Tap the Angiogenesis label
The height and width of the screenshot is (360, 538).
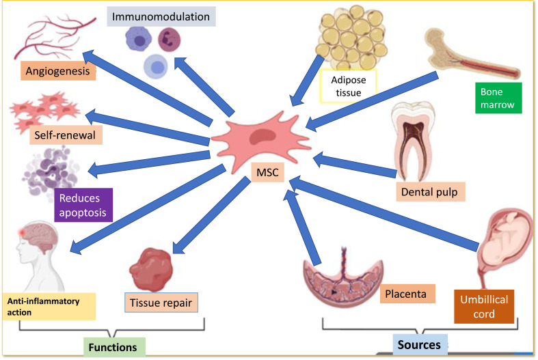[x=57, y=71]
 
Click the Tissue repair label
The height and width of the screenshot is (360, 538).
[x=162, y=301]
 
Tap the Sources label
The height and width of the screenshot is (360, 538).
[x=420, y=345]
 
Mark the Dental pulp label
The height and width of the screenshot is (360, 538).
[x=430, y=191]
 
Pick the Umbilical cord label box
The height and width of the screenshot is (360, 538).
[x=483, y=307]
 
